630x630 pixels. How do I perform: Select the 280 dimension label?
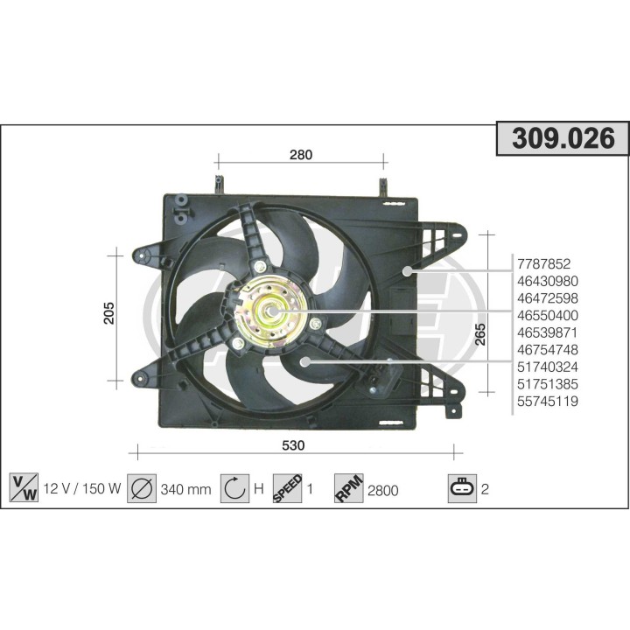click(301, 155)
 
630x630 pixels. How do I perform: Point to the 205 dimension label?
click(109, 315)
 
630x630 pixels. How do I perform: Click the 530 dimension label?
click(293, 445)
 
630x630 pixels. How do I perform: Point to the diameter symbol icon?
click(141, 488)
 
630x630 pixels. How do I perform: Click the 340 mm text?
click(185, 489)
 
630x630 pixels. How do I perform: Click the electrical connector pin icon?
click(461, 488)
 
